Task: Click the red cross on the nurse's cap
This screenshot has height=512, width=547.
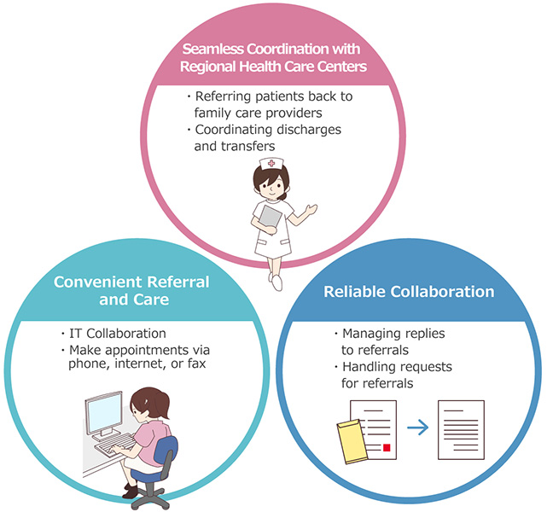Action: click(x=271, y=163)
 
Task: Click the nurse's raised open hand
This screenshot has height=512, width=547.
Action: click(x=311, y=209)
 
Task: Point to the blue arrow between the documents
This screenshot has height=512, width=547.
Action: click(x=417, y=427)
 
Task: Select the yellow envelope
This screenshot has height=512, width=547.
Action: click(x=352, y=441)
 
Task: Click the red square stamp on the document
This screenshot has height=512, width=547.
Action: click(x=387, y=447)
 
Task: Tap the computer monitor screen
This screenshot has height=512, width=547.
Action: click(x=104, y=412)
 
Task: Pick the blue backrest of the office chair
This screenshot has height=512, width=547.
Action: click(x=166, y=451)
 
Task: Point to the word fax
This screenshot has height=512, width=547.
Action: click(x=196, y=364)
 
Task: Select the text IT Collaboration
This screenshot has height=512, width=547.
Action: click(x=118, y=334)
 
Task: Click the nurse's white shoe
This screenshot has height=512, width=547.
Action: click(x=276, y=282)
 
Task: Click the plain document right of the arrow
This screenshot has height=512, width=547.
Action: click(x=461, y=430)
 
